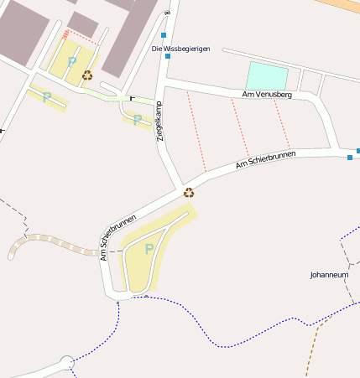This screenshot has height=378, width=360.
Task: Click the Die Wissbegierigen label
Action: click(180, 49)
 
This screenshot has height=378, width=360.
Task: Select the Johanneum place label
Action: click(329, 274)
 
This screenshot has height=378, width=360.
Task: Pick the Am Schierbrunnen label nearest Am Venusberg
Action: click(266, 159)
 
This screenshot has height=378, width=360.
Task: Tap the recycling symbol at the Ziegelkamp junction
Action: click(189, 192)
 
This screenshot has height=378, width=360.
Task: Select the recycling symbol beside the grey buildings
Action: click(87, 75)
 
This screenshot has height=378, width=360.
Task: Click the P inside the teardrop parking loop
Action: click(149, 249)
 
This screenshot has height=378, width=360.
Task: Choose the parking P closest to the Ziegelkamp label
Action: click(137, 119)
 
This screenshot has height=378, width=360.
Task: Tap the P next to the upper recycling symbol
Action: click(71, 60)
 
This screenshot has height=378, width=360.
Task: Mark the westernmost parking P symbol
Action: click(46, 96)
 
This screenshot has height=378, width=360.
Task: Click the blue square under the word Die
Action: click(168, 56)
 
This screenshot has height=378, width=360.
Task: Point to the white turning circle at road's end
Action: click(66, 363)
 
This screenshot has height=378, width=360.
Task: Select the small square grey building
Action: click(82, 23)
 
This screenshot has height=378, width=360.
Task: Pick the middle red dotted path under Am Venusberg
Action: click(239, 126)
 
